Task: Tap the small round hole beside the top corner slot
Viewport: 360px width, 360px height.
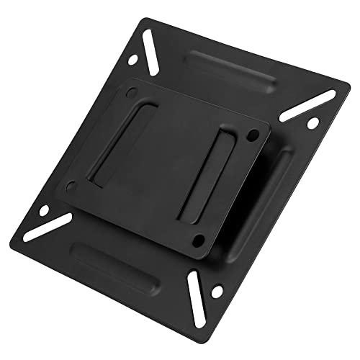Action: (132, 60)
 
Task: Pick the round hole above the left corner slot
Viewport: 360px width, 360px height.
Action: (43, 211)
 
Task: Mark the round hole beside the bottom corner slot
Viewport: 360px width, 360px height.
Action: (216, 292)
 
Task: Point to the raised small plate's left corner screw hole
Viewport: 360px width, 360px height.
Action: (70, 186)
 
